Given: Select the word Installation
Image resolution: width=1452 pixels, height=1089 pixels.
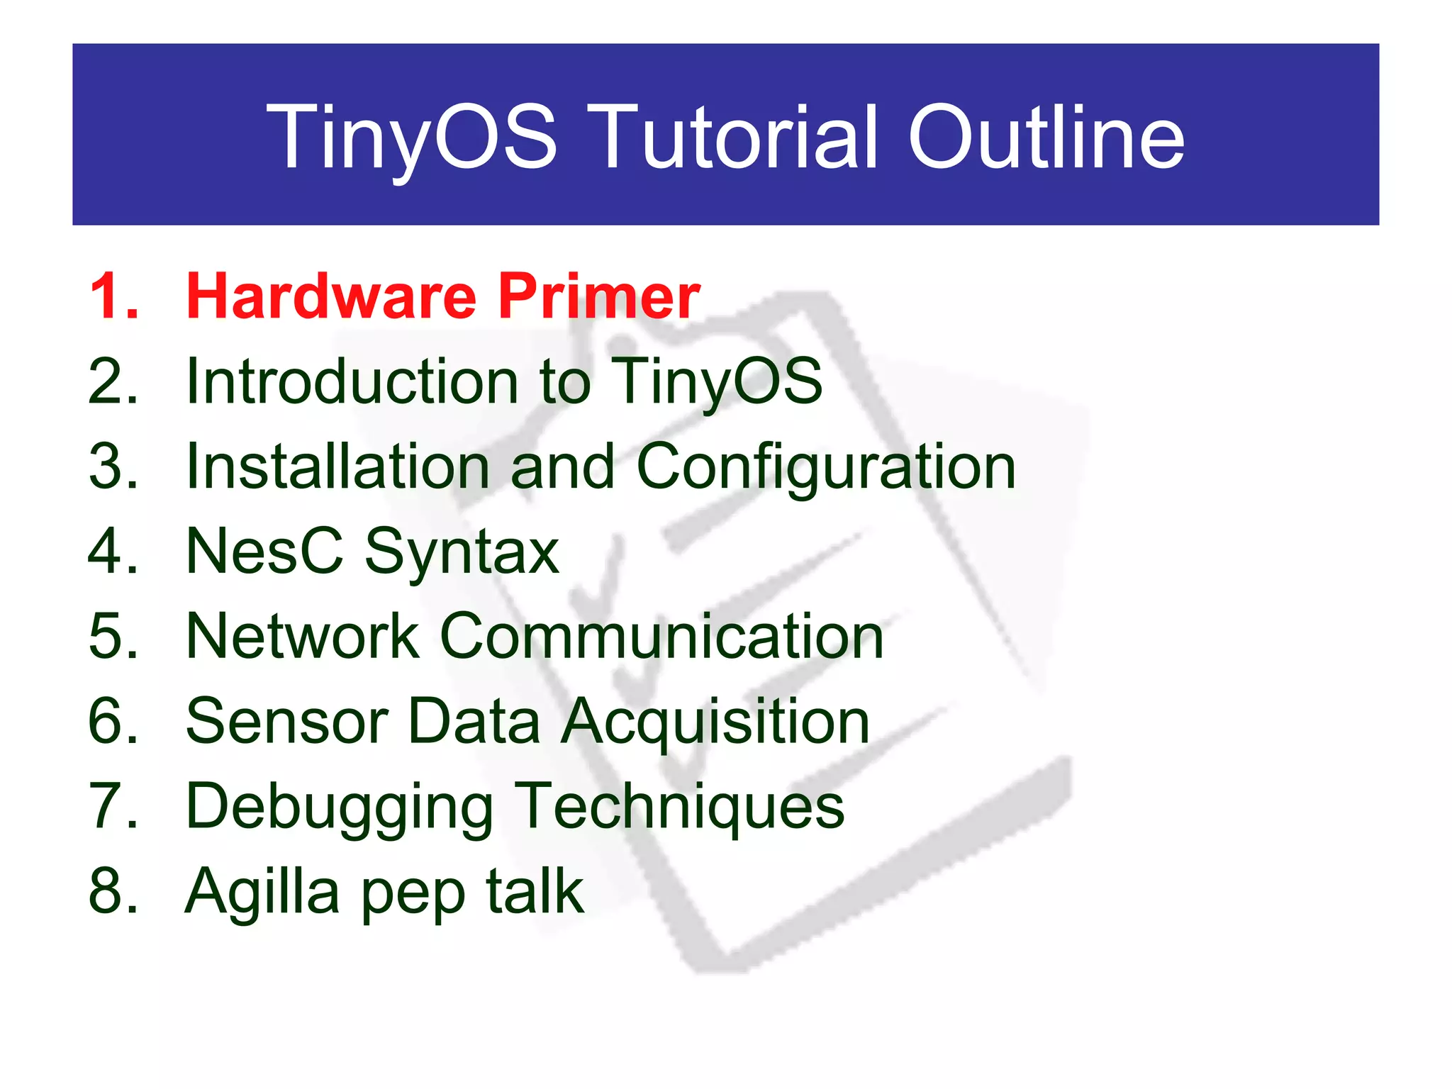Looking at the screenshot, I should pos(338,467).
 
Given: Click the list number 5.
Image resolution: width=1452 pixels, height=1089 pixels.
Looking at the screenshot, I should pos(113,636).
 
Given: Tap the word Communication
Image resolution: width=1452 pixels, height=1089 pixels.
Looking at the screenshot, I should pos(661,636).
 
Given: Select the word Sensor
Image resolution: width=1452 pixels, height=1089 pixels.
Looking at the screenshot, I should pos(286,721).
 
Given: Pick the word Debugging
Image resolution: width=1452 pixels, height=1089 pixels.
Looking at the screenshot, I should pos(340,808).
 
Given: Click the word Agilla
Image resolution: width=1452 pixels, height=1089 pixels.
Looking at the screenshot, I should pos(262,893).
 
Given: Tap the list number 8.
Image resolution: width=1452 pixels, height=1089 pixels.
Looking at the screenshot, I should pos(113,891).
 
